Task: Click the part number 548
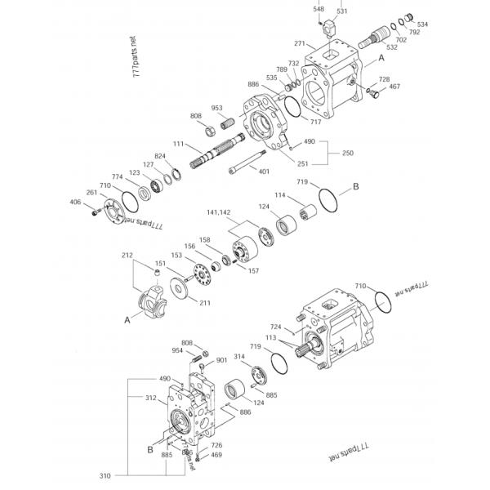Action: coord(318,9)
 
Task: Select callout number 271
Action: coord(299,44)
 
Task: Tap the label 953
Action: coord(217,108)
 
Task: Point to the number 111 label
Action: coord(178,144)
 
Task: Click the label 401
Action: coord(264,171)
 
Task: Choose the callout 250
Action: coord(347,153)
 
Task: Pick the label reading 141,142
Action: coord(218,211)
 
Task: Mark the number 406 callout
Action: coord(75,203)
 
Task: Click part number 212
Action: coord(127,256)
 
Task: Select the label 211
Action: coord(204,303)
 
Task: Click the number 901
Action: coord(221,360)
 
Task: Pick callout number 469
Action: coord(216,455)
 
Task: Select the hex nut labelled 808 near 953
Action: coord(208,129)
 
